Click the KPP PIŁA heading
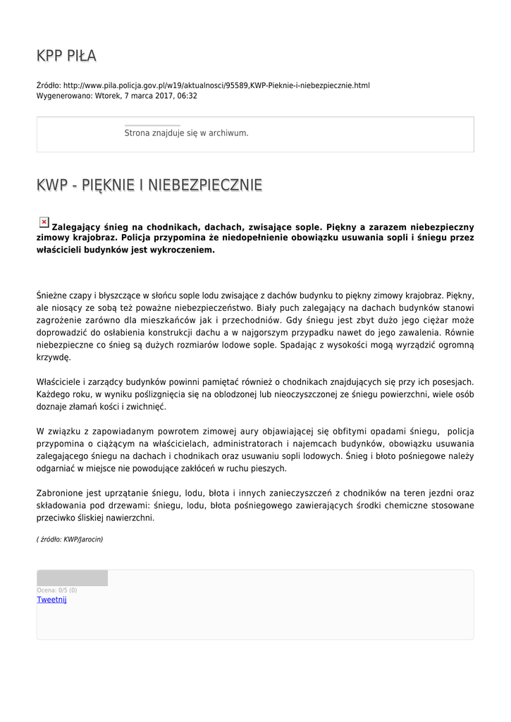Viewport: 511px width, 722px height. tap(66, 56)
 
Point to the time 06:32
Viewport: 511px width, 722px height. tap(187, 96)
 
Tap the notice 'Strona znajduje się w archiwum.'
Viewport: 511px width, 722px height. tap(186, 133)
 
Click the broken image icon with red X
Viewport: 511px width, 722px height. tap(44, 222)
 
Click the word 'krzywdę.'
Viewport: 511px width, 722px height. tap(54, 357)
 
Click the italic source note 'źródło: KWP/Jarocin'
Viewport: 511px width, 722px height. tap(70, 539)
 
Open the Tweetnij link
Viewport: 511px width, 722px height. tap(51, 599)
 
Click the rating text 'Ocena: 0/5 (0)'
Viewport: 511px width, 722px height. tap(57, 590)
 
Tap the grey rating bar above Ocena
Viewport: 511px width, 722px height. tap(72, 578)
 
